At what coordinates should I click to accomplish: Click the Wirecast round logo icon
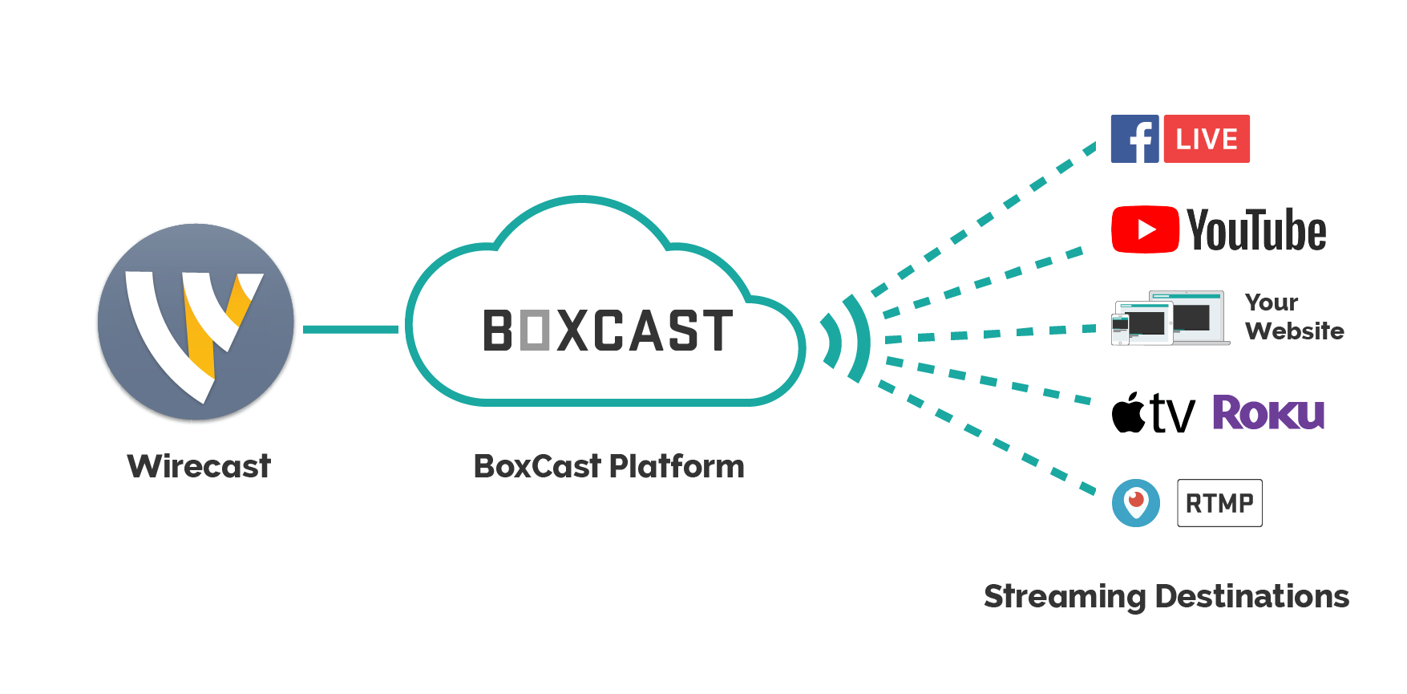tap(196, 322)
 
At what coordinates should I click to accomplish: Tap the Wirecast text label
tap(199, 466)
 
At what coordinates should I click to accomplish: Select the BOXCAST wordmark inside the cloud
tap(608, 331)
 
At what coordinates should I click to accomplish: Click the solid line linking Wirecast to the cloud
tap(350, 329)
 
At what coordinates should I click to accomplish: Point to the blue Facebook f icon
tap(1134, 139)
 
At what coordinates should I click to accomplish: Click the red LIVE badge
tap(1207, 139)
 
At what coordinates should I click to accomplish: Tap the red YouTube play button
tap(1145, 229)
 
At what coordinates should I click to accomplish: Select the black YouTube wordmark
tap(1256, 230)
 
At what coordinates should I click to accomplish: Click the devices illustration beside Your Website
tap(1170, 319)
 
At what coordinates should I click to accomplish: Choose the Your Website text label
tap(1294, 317)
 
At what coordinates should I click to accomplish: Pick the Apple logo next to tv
tap(1129, 412)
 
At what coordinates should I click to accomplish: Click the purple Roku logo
tap(1268, 412)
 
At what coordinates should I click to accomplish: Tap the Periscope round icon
tap(1136, 503)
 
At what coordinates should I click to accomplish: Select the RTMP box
tap(1219, 503)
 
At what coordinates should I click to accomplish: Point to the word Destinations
tap(1252, 597)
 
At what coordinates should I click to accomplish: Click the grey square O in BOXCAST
tap(535, 331)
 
